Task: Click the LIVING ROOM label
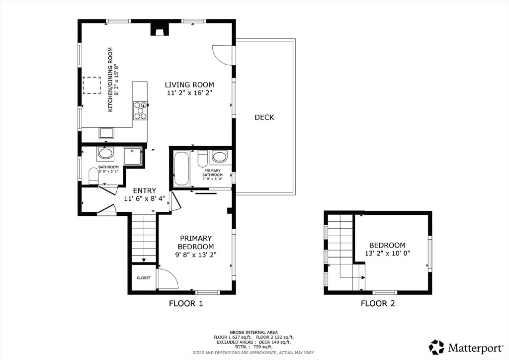tap(189, 85)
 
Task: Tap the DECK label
tap(264, 117)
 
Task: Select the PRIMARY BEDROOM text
tap(196, 242)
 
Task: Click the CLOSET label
tap(144, 278)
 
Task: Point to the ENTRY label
tap(145, 190)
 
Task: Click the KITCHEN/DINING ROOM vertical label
tap(110, 80)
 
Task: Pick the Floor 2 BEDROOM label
tap(387, 246)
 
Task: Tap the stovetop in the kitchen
tap(140, 111)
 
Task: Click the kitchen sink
tap(106, 133)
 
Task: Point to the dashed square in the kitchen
tap(92, 86)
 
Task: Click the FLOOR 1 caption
tap(186, 303)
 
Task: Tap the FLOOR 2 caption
tap(378, 303)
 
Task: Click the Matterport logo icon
tap(436, 347)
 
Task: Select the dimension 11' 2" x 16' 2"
tap(189, 93)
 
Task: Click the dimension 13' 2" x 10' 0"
tap(388, 253)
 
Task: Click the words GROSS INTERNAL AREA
tap(254, 332)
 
